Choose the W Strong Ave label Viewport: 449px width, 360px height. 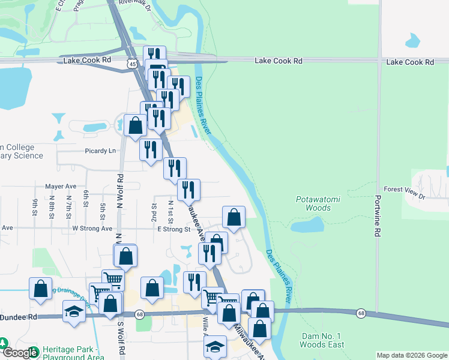[92, 229]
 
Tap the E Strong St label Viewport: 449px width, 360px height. [173, 229]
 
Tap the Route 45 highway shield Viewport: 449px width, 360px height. [131, 63]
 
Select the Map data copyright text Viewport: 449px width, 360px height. [411, 355]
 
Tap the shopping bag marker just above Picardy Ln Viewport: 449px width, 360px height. [136, 125]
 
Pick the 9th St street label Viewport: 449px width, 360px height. [35, 206]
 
